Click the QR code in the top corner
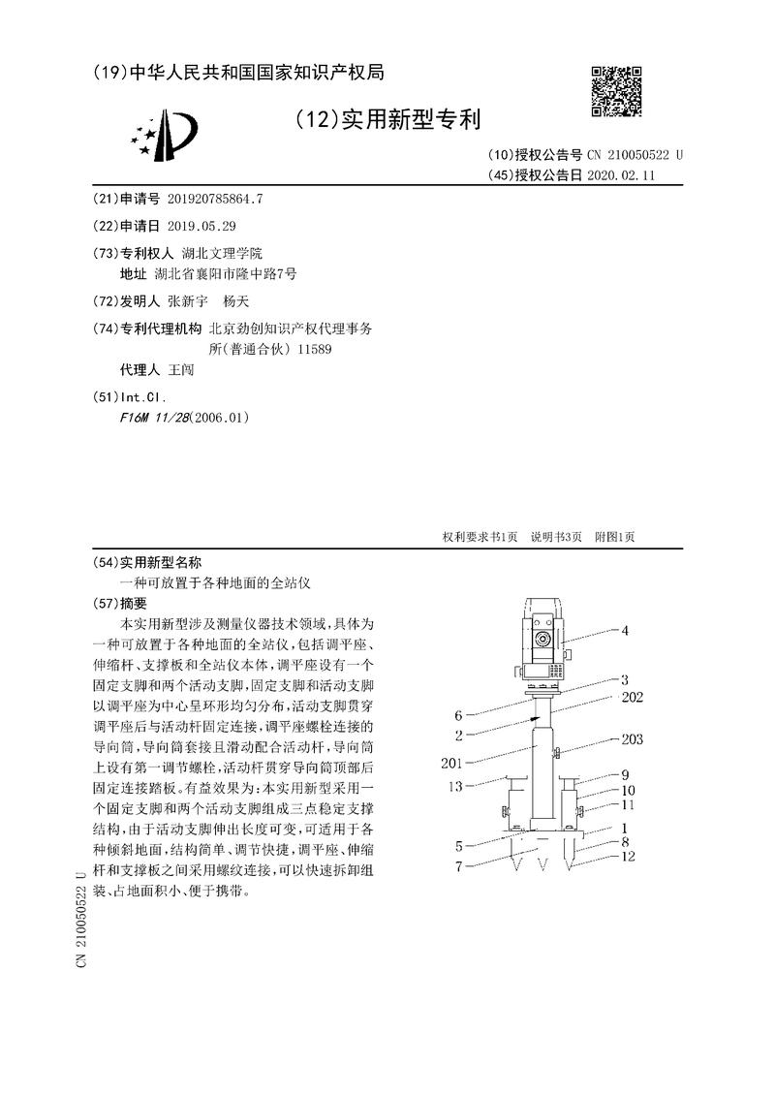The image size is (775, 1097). coord(616,92)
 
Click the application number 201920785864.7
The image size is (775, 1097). coord(215,199)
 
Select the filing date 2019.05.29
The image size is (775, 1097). coord(201,226)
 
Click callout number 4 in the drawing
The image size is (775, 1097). coord(625,631)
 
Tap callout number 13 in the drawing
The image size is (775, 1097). coord(455,786)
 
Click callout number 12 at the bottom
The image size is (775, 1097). coord(630,856)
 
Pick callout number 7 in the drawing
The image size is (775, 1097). coord(459,865)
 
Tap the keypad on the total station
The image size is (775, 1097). coord(556,672)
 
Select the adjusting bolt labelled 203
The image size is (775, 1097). coord(557,754)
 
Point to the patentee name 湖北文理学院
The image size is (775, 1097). coord(221,252)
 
